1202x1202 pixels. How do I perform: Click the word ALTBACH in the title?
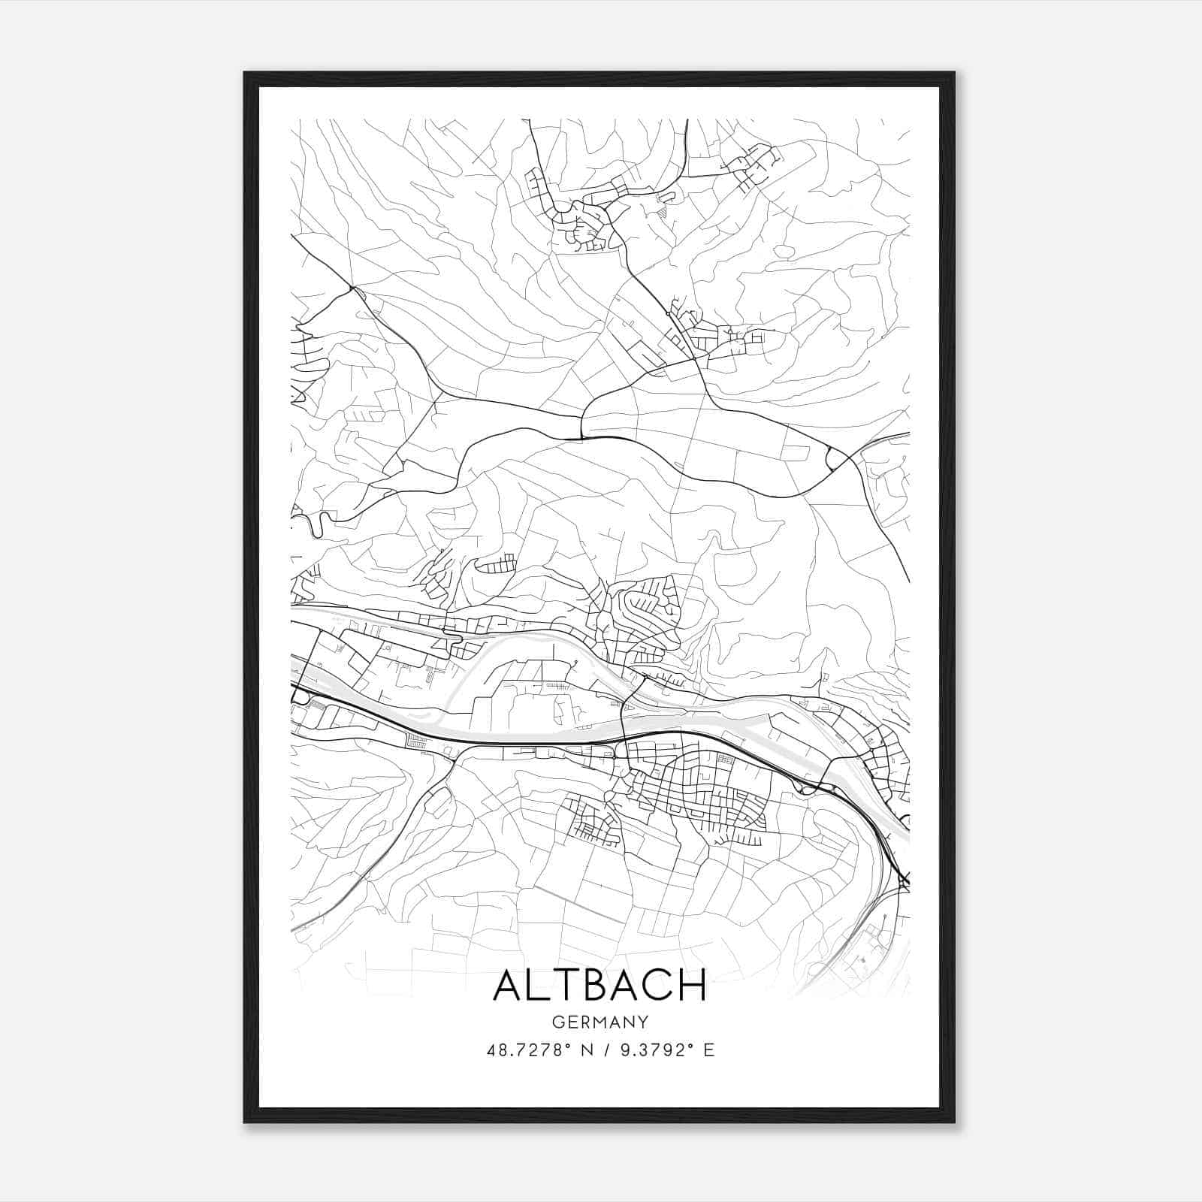pyautogui.click(x=599, y=985)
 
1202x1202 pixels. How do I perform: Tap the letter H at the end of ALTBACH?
pyautogui.click(x=692, y=985)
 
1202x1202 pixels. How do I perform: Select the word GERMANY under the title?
pyautogui.click(x=599, y=1022)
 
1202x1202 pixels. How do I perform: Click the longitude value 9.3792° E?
pyautogui.click(x=664, y=1050)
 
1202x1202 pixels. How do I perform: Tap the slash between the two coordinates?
pyautogui.click(x=606, y=1050)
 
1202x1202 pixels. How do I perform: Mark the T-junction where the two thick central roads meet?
pyautogui.click(x=581, y=436)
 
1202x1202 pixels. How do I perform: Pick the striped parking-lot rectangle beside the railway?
pyautogui.click(x=415, y=741)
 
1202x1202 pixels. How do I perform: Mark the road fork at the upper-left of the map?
pyautogui.click(x=351, y=287)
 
